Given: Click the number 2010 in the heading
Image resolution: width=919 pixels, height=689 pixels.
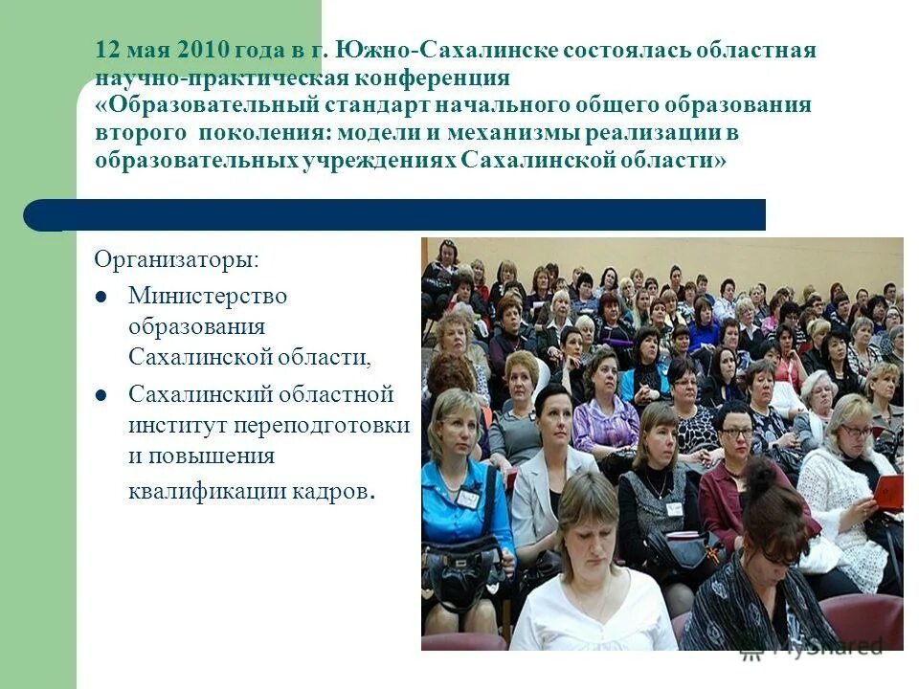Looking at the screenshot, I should (x=205, y=50).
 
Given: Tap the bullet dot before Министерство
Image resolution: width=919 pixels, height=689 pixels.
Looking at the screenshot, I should (x=102, y=297).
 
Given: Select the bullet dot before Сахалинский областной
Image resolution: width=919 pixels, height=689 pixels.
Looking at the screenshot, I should (x=102, y=394).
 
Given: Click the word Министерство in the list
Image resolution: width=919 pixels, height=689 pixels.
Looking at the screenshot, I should (x=208, y=296).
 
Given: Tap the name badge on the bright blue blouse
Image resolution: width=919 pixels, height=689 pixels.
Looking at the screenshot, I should (x=468, y=498).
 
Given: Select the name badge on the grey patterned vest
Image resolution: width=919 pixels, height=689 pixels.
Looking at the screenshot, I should (x=674, y=507).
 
